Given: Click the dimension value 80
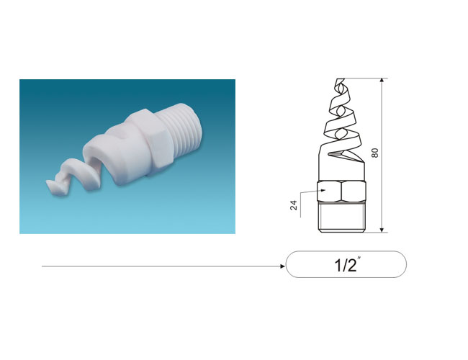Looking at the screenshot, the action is pyautogui.click(x=375, y=153).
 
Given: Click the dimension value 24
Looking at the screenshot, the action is pyautogui.click(x=294, y=205).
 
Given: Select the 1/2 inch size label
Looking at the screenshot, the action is pyautogui.click(x=346, y=264).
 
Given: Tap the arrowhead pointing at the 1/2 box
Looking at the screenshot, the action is pyautogui.click(x=283, y=266).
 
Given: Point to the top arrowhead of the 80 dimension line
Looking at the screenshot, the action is pyautogui.click(x=382, y=81).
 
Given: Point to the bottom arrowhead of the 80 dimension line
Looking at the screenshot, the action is pyautogui.click(x=382, y=230).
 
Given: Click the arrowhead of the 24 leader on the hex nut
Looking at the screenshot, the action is pyautogui.click(x=323, y=190).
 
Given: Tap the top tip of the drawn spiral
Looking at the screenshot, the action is pyautogui.click(x=340, y=79).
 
